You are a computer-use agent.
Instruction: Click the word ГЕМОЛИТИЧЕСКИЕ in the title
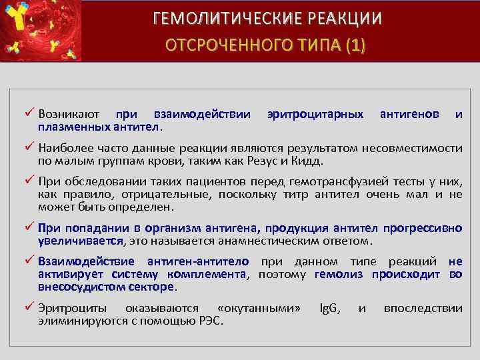[x=212, y=18]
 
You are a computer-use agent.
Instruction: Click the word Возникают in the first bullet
[x=71, y=115]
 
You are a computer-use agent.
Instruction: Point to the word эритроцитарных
[x=315, y=115]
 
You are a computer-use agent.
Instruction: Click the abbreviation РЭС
[x=210, y=321]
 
